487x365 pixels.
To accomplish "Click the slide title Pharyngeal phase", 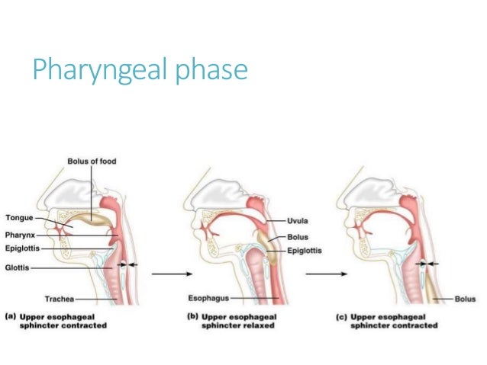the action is pos(139,70).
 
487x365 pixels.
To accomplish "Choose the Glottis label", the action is pos(19,268).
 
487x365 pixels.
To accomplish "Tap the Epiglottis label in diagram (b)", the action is pos(305,250).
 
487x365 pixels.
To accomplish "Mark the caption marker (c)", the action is pos(344,315).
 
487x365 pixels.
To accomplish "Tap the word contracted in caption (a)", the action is pos(86,325).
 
